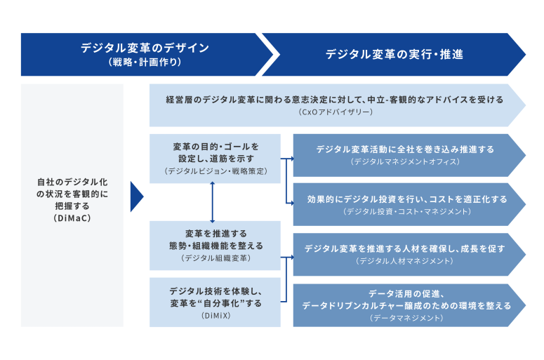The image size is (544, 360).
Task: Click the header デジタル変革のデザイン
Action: (x=145, y=48)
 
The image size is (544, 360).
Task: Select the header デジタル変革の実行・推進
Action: (x=394, y=53)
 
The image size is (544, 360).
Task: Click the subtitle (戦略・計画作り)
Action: (x=145, y=62)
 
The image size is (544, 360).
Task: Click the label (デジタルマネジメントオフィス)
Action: (x=405, y=161)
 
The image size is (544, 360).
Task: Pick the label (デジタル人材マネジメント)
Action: (x=405, y=260)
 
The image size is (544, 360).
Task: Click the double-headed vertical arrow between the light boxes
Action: (x=212, y=202)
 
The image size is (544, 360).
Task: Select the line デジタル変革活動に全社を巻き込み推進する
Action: (x=405, y=149)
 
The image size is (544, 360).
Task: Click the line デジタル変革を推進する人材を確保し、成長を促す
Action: (x=405, y=248)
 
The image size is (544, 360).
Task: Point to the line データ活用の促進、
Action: (x=406, y=293)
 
